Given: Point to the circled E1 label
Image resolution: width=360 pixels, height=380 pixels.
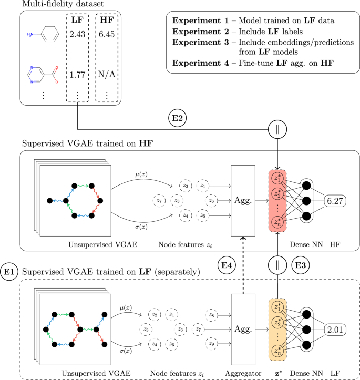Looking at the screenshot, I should coord(10,271).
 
